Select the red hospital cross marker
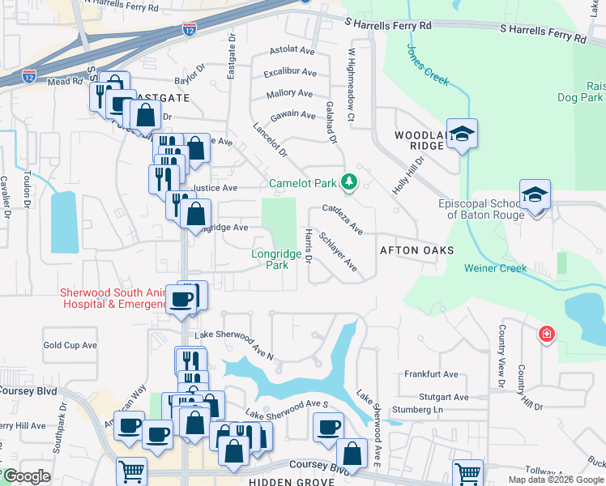(x=547, y=334)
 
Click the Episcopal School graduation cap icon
(x=535, y=194)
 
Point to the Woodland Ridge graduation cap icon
(x=462, y=134)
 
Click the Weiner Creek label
(x=495, y=268)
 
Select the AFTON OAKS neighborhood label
(x=416, y=250)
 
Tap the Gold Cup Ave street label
(x=70, y=345)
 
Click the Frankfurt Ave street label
(x=431, y=374)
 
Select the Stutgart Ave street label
(x=444, y=397)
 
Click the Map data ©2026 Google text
(x=556, y=480)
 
